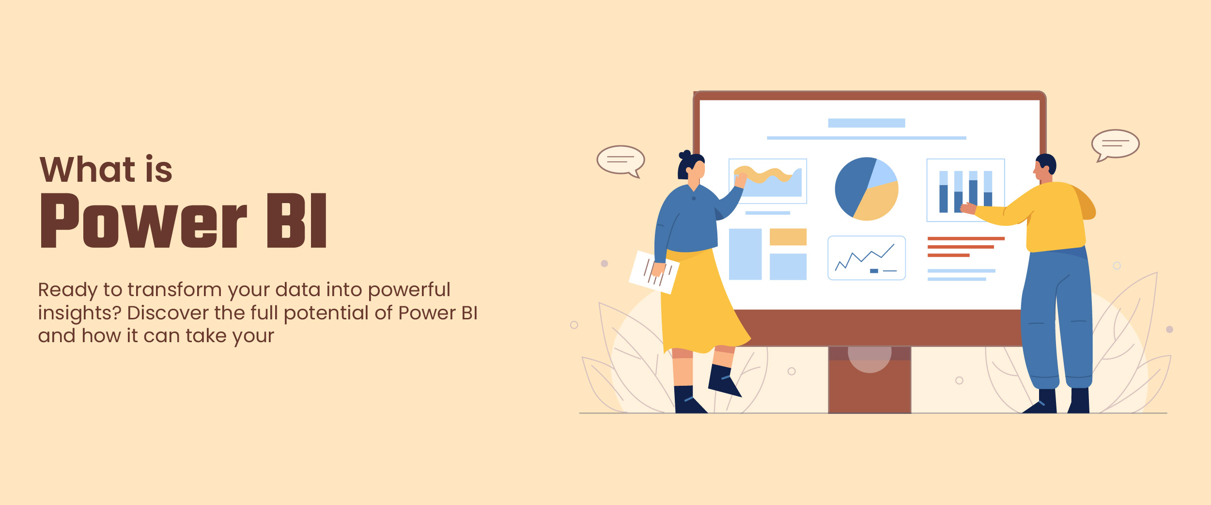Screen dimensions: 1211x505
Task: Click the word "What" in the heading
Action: click(x=87, y=170)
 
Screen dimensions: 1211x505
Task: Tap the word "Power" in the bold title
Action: click(x=144, y=221)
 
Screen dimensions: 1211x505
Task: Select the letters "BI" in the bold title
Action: click(x=297, y=221)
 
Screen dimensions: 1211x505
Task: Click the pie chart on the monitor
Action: click(x=867, y=189)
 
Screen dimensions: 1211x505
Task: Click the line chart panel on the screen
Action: click(x=867, y=258)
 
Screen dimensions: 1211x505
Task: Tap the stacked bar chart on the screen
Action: click(x=965, y=190)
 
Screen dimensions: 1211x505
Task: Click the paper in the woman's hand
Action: click(x=654, y=272)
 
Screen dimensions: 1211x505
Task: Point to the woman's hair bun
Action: click(x=685, y=155)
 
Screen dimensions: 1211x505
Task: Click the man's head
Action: click(x=1045, y=168)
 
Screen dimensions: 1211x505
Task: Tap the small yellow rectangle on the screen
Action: click(x=788, y=237)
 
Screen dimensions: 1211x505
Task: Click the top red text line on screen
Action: click(x=966, y=238)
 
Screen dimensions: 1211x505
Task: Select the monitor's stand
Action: click(x=869, y=380)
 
